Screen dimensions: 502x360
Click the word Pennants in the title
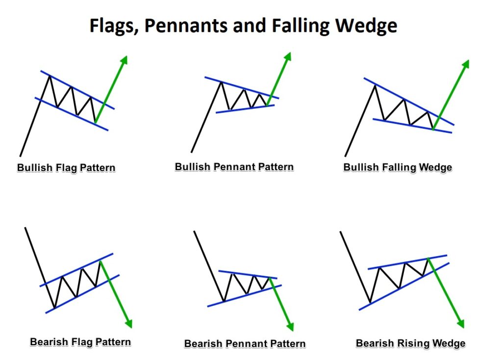pos(187,26)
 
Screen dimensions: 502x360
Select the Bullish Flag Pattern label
pos(66,168)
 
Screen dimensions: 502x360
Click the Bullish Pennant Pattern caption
pos(234,167)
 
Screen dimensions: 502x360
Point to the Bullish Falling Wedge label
pos(398,168)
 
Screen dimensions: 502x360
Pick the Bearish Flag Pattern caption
pos(80,342)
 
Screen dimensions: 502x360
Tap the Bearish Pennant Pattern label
pos(245,343)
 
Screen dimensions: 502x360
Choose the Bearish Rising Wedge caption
pos(410,343)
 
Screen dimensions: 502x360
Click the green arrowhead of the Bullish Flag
pos(124,60)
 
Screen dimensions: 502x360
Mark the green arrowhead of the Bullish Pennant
pos(287,57)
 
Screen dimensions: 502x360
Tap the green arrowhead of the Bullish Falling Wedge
pos(465,64)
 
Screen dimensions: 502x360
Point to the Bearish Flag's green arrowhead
pos(128,324)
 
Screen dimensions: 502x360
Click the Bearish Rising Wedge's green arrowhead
pos(460,324)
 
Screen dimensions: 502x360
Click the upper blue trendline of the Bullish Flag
pos(77,90)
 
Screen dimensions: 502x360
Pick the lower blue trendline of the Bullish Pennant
pos(245,109)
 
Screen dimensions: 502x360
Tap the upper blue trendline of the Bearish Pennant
pos(248,275)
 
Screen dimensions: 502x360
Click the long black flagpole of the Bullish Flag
pos(35,116)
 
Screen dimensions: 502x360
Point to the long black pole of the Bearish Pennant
pos(209,266)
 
